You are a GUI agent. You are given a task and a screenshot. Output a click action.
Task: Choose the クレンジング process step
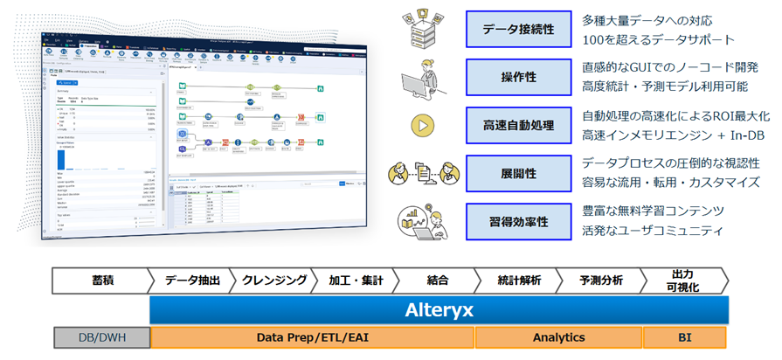[273, 280]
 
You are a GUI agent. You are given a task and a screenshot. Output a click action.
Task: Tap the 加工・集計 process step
[356, 280]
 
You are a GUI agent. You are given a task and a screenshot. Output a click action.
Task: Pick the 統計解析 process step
[519, 280]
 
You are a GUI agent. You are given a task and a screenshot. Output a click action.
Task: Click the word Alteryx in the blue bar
[439, 310]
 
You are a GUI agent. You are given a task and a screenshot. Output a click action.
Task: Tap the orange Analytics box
[559, 337]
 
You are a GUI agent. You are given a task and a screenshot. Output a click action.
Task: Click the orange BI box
[685, 337]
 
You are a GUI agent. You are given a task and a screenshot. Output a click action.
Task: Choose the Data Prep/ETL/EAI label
[312, 337]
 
